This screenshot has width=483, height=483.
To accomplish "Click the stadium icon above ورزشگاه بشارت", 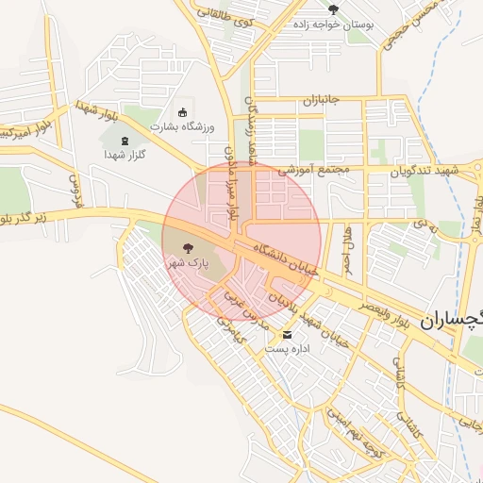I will coord(182,112).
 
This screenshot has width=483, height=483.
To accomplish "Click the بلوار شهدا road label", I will coord(96,114).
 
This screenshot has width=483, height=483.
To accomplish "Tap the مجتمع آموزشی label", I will coord(313,170).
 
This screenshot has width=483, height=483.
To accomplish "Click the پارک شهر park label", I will coord(188,264).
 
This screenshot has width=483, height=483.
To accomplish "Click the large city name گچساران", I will coord(454,319).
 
